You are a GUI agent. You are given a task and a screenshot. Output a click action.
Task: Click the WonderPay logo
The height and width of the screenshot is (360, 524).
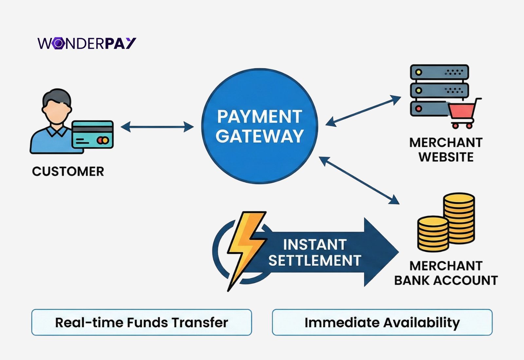click(x=87, y=43)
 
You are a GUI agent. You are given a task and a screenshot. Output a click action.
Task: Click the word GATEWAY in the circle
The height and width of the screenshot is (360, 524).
click(x=259, y=136)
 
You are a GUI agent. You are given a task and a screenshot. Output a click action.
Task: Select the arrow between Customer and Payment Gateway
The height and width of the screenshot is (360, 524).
click(x=157, y=127)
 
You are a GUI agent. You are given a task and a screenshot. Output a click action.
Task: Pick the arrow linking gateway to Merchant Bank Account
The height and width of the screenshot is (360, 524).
click(x=359, y=180)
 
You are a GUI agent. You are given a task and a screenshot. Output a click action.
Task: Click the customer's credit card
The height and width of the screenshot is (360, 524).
click(x=93, y=135)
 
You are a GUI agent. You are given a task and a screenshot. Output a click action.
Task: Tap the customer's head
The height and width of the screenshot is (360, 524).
click(x=57, y=106)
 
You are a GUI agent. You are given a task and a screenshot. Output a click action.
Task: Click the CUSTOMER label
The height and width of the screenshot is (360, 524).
click(x=68, y=171)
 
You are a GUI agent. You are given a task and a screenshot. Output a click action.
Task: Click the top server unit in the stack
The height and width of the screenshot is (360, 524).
click(x=440, y=72)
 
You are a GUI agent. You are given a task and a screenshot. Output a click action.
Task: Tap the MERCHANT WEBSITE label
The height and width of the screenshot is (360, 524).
click(x=446, y=150)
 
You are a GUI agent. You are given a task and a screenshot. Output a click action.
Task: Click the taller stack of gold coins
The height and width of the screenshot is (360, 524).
click(x=459, y=218)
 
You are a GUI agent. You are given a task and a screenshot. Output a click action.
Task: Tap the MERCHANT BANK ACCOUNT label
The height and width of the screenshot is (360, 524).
click(x=446, y=273)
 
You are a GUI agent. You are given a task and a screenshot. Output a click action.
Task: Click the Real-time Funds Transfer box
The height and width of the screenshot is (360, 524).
click(x=141, y=322)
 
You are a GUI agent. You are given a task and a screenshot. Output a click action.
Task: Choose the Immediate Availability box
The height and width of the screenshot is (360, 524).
click(x=382, y=322)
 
